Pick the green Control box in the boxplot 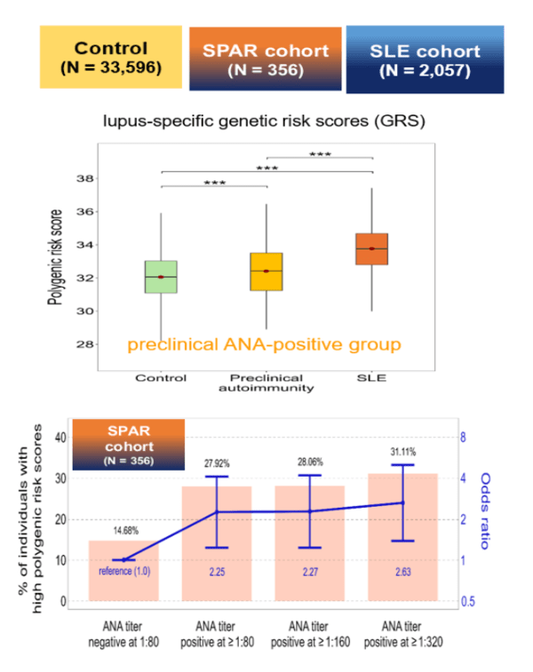pos(161,276)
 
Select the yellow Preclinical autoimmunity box pos(266,271)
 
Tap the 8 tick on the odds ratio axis pos(462,438)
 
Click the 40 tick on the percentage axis pos(61,438)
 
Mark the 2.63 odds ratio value pos(402,571)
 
